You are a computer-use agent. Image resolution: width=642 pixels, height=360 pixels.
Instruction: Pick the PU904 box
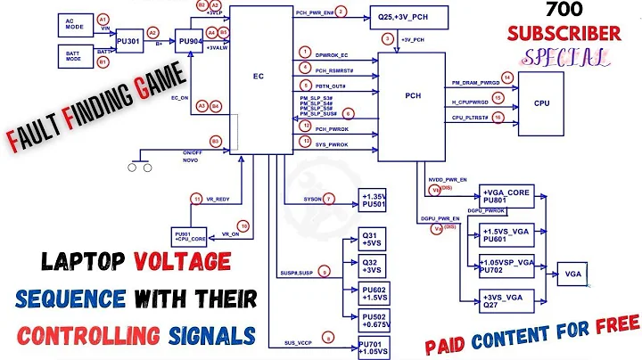189,42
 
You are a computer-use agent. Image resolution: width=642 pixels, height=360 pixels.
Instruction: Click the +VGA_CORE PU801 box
506,197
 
